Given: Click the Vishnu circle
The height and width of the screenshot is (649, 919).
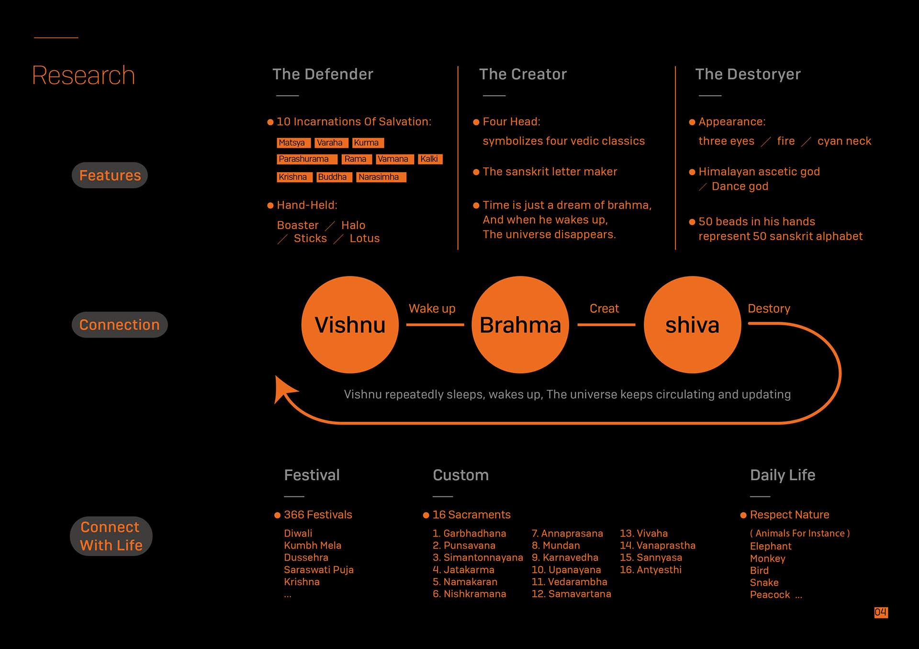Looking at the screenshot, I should click(x=350, y=325).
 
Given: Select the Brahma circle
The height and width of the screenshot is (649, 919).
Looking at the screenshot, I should click(x=520, y=325).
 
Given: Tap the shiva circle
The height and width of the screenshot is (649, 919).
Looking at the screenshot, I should click(x=692, y=325).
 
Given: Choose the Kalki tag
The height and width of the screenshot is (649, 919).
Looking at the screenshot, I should click(x=430, y=159).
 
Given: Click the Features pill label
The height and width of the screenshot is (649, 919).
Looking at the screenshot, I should click(x=110, y=175).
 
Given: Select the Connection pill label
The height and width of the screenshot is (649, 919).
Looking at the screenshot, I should click(x=119, y=325).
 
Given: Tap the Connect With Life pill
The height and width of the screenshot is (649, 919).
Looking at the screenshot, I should click(x=111, y=536).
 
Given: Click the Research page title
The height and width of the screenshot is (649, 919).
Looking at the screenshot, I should click(x=83, y=75).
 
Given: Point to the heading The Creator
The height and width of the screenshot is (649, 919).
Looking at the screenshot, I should click(x=523, y=74).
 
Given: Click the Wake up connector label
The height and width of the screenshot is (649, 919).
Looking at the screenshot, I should click(x=432, y=308).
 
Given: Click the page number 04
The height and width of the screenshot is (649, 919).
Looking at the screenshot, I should click(x=881, y=612).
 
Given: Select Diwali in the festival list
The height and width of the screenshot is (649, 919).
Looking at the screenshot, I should click(x=298, y=533).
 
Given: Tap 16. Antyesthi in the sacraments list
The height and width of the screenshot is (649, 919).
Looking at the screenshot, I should click(x=650, y=570).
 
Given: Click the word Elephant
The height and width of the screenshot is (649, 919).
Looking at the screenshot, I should click(x=771, y=546).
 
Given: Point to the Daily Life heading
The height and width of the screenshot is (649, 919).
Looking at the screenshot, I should click(x=783, y=475).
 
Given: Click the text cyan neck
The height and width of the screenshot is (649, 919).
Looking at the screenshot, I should click(x=844, y=141).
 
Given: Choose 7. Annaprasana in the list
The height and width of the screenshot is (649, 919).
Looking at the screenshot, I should click(x=567, y=533).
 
